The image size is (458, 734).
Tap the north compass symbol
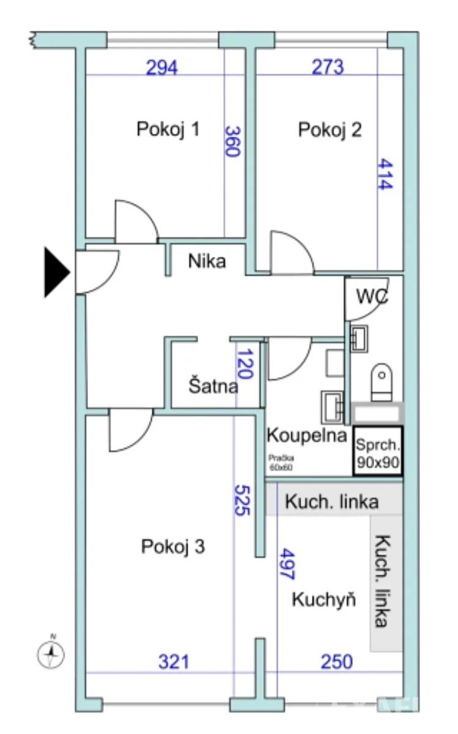coord(52,654)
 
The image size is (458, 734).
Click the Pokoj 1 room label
coord(168,130)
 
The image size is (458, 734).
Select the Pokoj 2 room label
coord(330,130)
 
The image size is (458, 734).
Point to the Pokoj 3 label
coord(173,546)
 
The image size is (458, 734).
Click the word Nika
coord(207,262)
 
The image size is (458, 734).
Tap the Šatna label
coord(213,387)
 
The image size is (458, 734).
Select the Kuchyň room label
coord(323,599)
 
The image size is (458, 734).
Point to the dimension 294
coord(161,67)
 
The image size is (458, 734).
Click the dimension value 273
coord(327,67)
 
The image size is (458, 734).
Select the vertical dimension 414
coord(383,174)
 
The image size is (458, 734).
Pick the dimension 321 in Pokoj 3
coord(174,662)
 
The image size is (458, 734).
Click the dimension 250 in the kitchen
coord(336,662)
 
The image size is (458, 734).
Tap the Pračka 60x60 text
coord(281,462)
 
